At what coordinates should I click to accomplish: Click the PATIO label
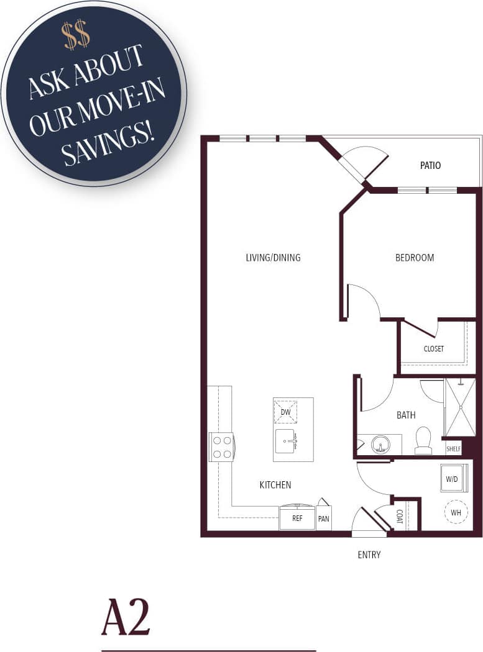(x=430, y=166)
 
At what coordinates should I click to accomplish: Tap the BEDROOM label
(x=415, y=258)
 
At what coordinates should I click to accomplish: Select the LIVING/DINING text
(x=273, y=258)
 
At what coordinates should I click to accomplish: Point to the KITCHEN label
(x=275, y=485)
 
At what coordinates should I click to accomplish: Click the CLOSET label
(x=433, y=349)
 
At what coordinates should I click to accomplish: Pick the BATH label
(x=406, y=415)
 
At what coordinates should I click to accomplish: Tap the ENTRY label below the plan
(x=369, y=555)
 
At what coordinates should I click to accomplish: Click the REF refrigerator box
(x=297, y=518)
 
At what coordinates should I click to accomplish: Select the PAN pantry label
(x=323, y=518)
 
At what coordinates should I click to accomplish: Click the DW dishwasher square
(x=285, y=412)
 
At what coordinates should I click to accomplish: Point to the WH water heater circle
(x=456, y=512)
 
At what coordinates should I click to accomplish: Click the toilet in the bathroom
(x=423, y=440)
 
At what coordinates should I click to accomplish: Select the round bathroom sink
(x=380, y=445)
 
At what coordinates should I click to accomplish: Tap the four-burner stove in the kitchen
(x=222, y=446)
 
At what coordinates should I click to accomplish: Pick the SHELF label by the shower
(x=453, y=447)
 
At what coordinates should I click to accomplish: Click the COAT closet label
(x=400, y=517)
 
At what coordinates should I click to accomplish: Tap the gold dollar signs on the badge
(x=76, y=37)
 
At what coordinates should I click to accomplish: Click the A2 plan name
(x=126, y=617)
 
